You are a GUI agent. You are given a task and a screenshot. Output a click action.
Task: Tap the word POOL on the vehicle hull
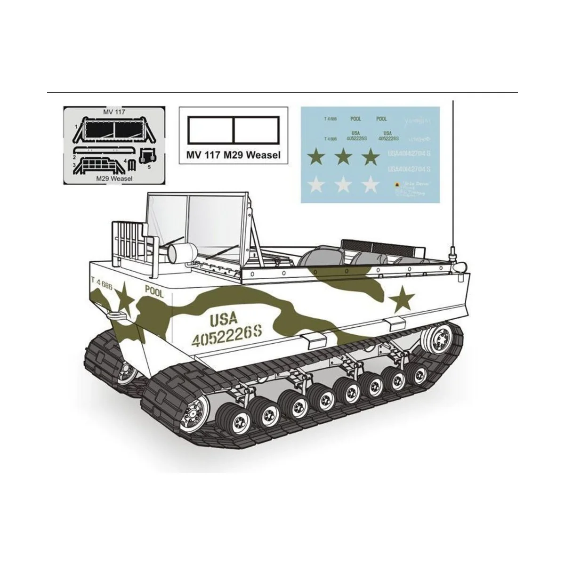(154, 292)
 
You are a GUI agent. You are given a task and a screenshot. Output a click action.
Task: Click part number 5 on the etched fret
(149, 166)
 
